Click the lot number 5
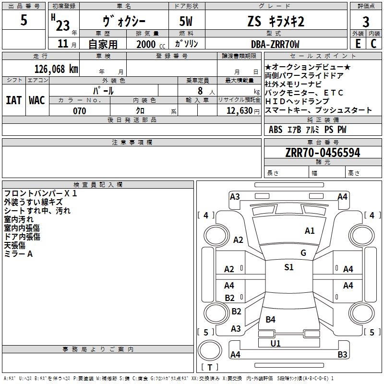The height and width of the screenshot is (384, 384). [x=24, y=20]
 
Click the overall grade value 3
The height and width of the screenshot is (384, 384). [x=366, y=22]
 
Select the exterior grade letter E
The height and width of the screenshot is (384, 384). [x=358, y=44]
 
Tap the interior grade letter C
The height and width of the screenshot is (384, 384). [x=373, y=44]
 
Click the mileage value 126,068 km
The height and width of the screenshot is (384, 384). [x=56, y=69]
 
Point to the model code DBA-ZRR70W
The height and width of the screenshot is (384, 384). [x=275, y=44]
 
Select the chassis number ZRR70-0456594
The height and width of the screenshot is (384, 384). [x=323, y=153]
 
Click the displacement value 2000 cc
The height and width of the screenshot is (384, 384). [x=151, y=45]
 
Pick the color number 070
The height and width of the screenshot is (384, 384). [x=80, y=111]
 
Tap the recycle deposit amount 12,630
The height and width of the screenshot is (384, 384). [x=240, y=111]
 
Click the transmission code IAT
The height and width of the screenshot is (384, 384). [x=13, y=100]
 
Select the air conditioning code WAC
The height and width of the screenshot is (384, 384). [x=37, y=100]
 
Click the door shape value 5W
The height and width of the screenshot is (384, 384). [x=186, y=21]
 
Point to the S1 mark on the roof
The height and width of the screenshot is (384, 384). [x=289, y=267]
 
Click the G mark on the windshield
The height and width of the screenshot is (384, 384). [x=303, y=253]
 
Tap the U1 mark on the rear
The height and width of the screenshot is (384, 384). [x=275, y=343]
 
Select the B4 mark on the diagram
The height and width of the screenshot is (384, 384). [x=270, y=319]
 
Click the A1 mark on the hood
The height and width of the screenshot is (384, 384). [x=310, y=231]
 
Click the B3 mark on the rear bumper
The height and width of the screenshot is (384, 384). [x=342, y=354]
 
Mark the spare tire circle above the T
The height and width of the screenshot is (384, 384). [x=210, y=350]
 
